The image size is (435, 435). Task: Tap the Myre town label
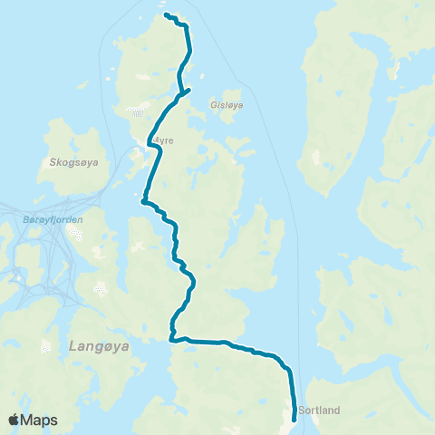[162, 140]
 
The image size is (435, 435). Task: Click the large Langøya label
[96, 345]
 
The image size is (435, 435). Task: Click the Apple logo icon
[14, 420]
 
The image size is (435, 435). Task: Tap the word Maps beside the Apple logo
[40, 420]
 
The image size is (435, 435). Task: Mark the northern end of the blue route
[165, 14]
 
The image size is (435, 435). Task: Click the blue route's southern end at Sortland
[295, 419]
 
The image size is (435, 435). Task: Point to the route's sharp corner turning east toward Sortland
[171, 340]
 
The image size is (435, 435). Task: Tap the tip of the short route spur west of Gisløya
[188, 88]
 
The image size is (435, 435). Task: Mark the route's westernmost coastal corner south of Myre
[142, 203]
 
